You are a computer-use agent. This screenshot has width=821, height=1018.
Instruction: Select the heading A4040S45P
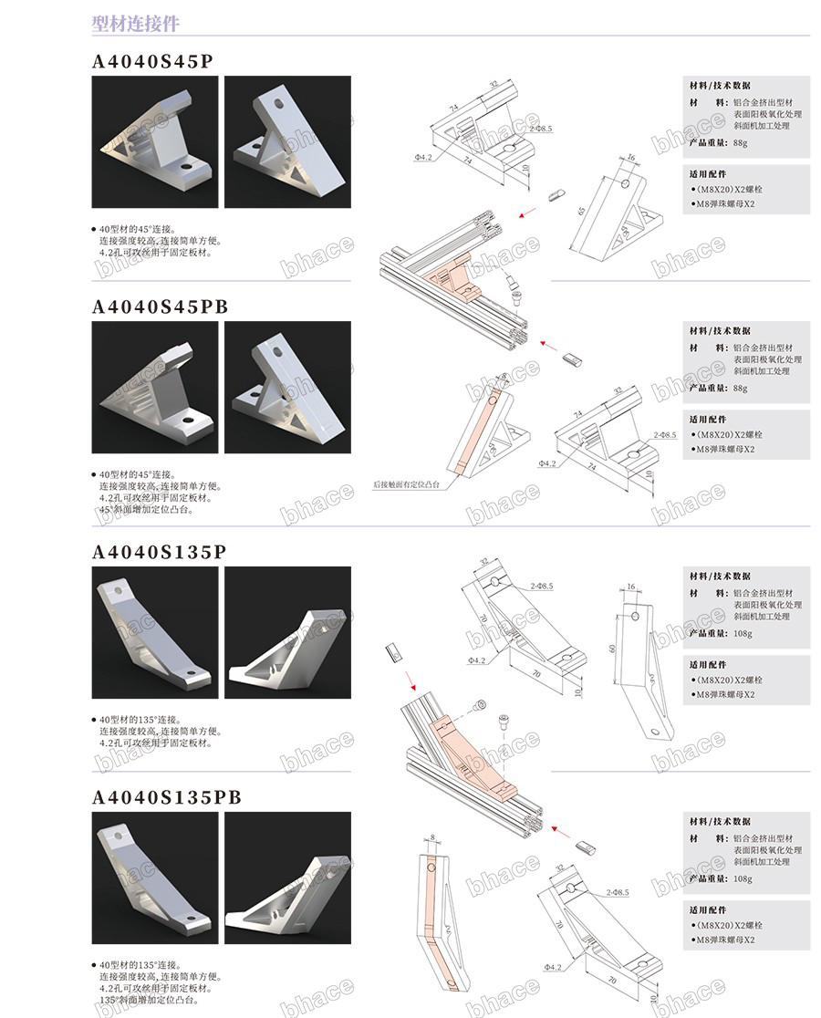click(x=153, y=62)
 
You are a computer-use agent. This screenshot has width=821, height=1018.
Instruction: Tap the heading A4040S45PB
click(x=161, y=307)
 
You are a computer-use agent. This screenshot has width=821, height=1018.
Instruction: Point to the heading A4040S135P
click(x=160, y=553)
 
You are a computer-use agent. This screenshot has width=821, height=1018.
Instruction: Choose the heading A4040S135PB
click(x=167, y=798)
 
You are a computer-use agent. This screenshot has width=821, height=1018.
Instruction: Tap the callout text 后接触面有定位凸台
click(x=407, y=485)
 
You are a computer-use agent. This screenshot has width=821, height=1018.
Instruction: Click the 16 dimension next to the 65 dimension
click(x=630, y=158)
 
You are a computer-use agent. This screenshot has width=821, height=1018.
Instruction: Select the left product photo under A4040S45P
click(x=155, y=141)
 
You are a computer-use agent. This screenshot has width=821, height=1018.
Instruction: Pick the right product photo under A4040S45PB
click(x=287, y=388)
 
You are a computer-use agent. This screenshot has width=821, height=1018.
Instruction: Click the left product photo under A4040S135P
click(x=155, y=632)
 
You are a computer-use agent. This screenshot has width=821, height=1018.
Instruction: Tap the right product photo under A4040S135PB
click(x=287, y=878)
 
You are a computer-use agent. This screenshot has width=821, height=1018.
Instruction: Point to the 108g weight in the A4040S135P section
click(x=743, y=633)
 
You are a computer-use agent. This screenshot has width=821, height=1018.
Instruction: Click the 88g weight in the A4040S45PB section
click(x=739, y=388)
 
